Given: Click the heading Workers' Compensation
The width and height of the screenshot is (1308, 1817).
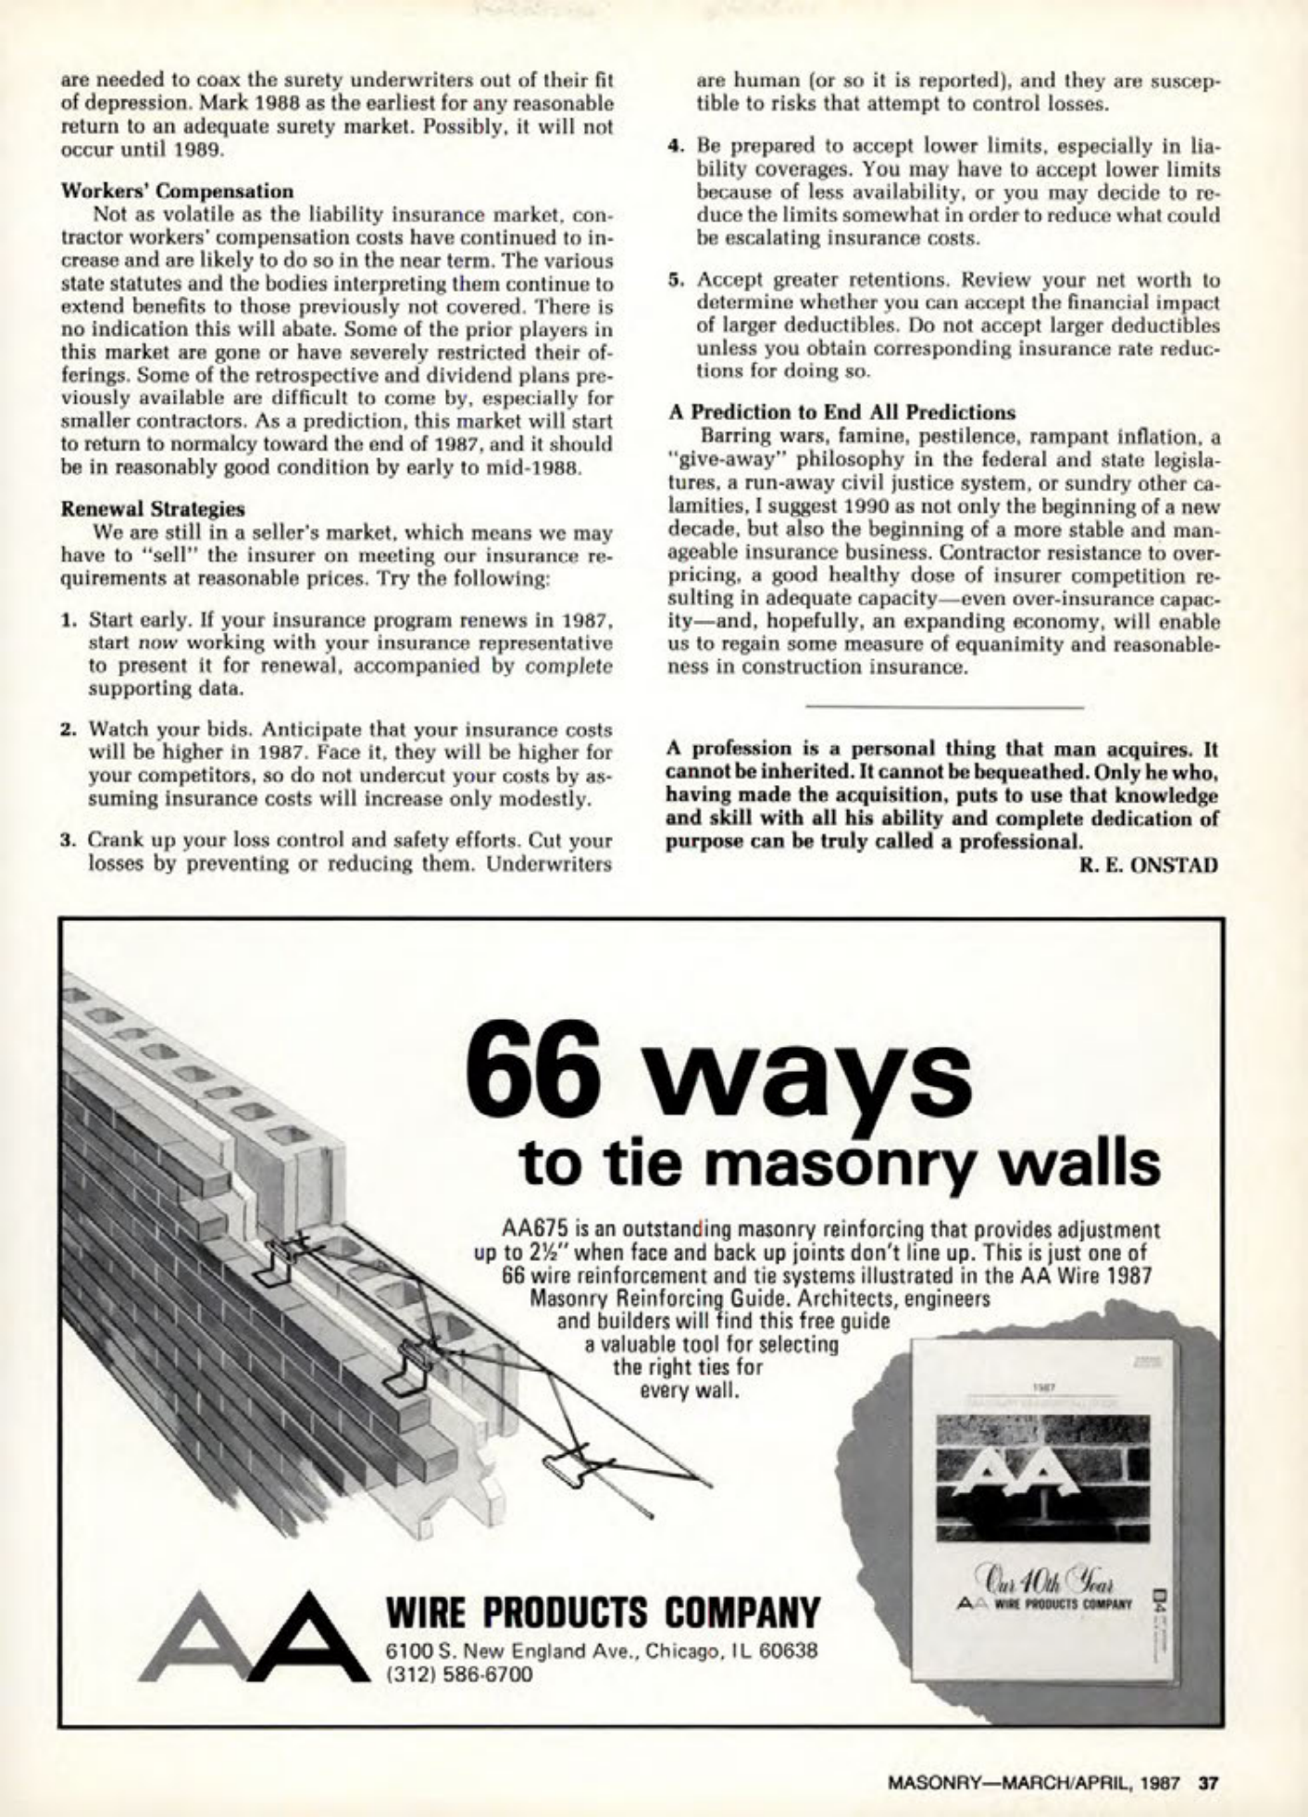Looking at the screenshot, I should coord(177,192).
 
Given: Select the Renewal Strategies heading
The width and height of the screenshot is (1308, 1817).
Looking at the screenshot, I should coord(153,508).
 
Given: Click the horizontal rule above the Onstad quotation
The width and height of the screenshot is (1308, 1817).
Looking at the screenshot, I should coord(944,707).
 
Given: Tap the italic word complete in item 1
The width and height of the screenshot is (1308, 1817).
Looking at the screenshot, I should coord(568,666).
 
